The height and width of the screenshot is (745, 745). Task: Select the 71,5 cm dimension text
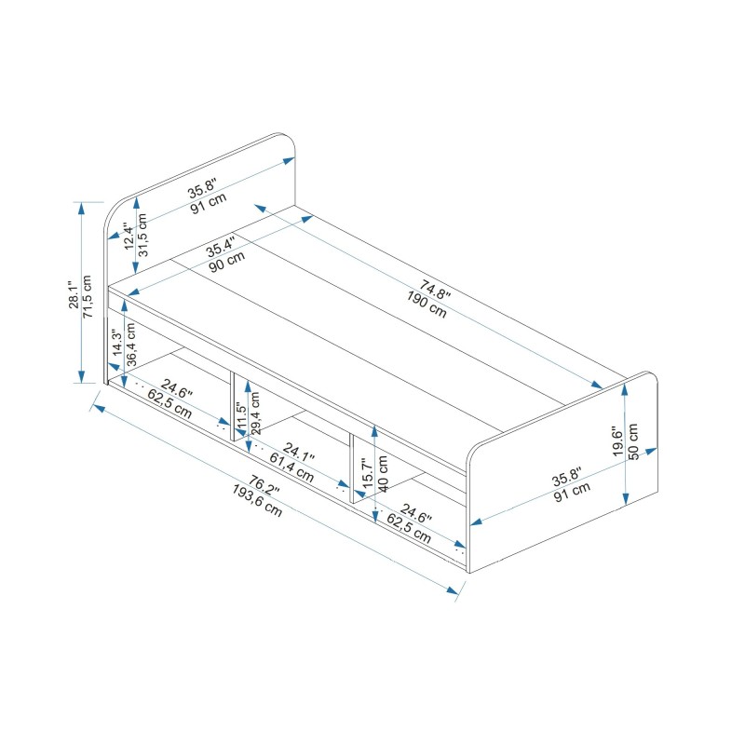click(88, 297)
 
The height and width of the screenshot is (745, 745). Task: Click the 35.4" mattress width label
click(222, 249)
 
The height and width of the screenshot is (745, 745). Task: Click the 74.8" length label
click(434, 289)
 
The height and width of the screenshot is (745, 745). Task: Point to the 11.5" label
click(241, 413)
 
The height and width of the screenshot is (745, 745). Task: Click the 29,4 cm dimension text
click(256, 413)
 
